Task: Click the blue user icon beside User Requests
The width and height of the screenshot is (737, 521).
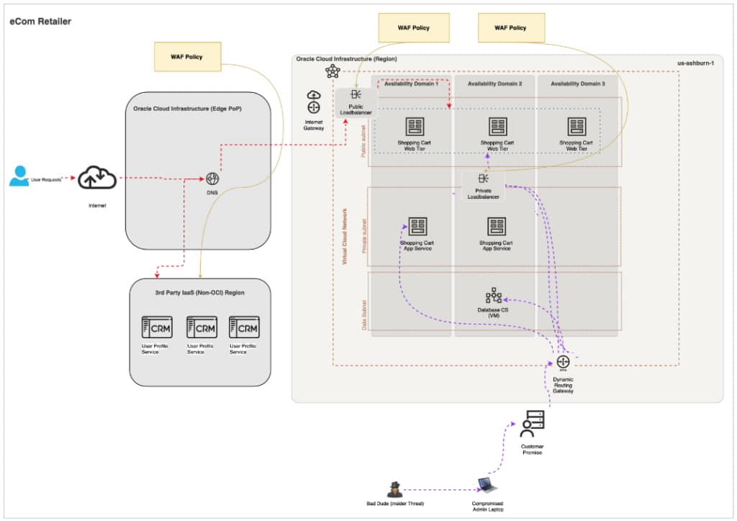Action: (19, 176)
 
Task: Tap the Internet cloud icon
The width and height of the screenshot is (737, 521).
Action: (97, 178)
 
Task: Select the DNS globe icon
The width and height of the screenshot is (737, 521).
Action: (212, 178)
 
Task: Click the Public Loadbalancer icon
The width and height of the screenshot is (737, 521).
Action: (356, 95)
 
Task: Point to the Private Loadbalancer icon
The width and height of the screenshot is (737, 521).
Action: (483, 178)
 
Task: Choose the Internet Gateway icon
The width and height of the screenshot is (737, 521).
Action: (314, 102)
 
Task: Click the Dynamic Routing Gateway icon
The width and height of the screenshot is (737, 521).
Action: (563, 362)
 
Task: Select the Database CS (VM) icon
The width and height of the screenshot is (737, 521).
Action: (494, 295)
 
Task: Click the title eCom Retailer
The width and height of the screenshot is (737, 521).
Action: (40, 22)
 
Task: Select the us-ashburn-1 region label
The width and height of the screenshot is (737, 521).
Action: (695, 63)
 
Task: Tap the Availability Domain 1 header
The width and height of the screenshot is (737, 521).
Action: (411, 84)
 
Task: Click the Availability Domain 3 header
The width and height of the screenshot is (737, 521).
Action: (577, 84)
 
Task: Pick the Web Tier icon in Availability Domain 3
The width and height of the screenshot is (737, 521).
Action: (577, 127)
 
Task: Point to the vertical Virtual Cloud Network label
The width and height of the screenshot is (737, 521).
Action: (345, 237)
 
